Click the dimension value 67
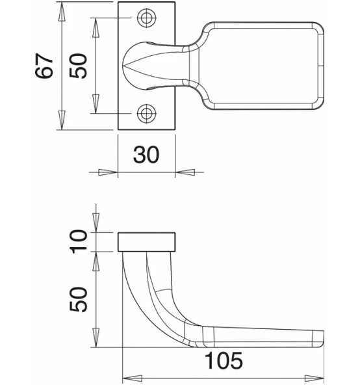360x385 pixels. (x=44, y=66)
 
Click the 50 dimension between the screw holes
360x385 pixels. (x=78, y=66)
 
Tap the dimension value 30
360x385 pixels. (x=146, y=154)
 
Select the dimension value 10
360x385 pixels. (x=78, y=241)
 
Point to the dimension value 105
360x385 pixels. (x=224, y=360)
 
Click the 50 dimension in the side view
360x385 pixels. (x=78, y=299)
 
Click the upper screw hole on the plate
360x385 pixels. (x=146, y=18)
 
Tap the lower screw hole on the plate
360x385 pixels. (x=146, y=113)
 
